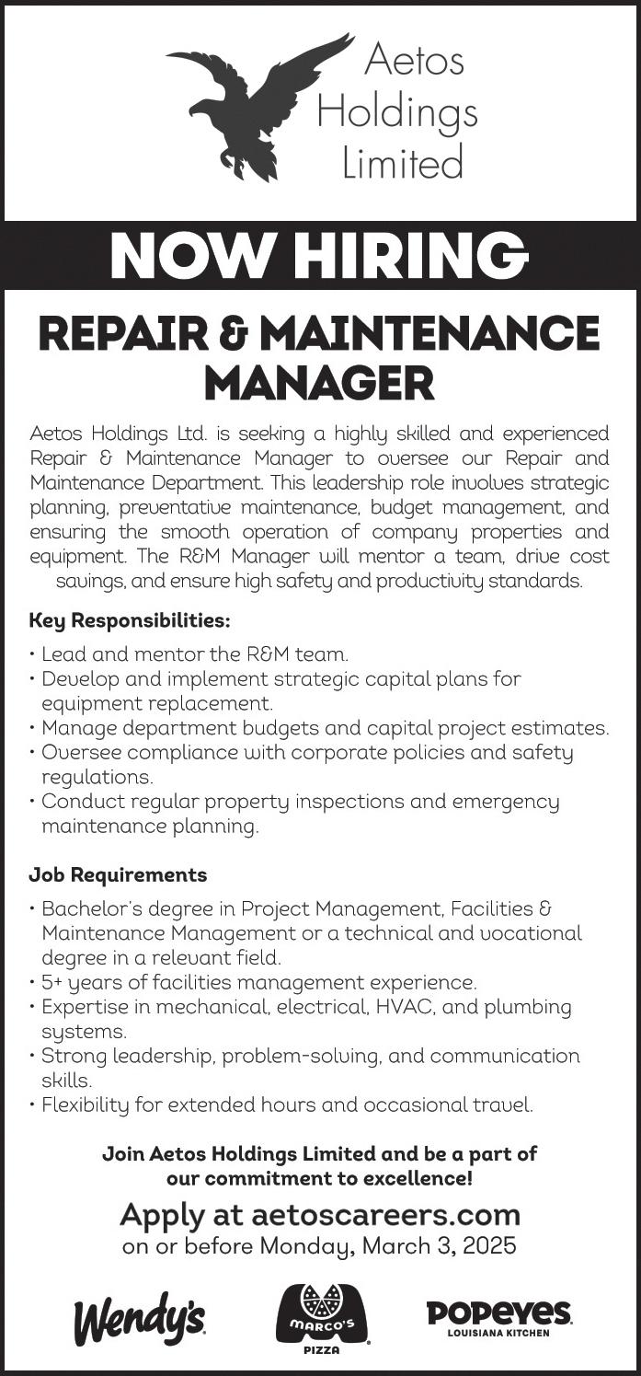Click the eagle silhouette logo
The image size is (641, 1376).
coord(253,106)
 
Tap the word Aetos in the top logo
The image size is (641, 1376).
coord(414,61)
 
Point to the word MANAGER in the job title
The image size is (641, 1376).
coord(319,383)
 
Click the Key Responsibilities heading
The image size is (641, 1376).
coord(129,620)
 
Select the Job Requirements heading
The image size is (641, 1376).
coord(118,874)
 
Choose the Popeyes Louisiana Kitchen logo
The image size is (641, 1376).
coord(499,1315)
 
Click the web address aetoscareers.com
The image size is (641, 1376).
coord(385,1215)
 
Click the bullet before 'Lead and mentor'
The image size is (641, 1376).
coord(33,655)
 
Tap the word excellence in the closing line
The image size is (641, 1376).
coord(424,1177)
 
